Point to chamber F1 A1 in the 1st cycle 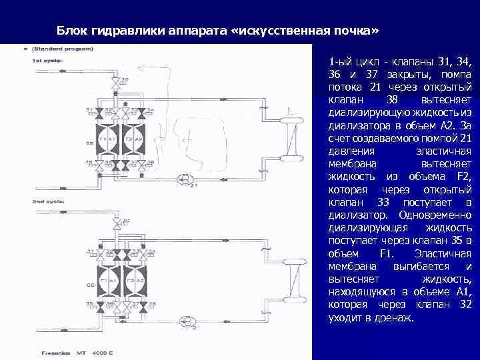107,139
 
